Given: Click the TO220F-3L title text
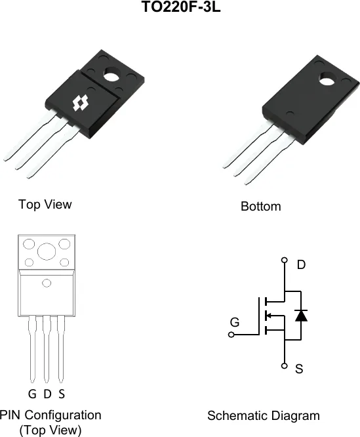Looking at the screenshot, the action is (x=181, y=7).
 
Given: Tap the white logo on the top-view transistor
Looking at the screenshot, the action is (x=81, y=103).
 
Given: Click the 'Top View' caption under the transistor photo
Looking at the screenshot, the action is (x=45, y=204).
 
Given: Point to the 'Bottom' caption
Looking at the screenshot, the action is (x=261, y=207).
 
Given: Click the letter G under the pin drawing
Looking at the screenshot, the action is (x=32, y=394).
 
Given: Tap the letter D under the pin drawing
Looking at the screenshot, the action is (x=48, y=394).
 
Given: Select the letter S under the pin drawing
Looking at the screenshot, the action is (x=62, y=394).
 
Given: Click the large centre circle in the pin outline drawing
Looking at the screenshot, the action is (x=47, y=251).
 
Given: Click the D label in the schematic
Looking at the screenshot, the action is (x=301, y=264).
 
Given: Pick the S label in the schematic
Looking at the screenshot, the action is (x=299, y=369).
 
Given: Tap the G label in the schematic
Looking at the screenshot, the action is (x=235, y=322).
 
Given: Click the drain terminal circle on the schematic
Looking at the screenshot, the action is (x=285, y=260).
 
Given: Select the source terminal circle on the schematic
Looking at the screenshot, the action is (x=285, y=365).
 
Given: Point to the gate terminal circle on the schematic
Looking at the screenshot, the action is (x=231, y=335).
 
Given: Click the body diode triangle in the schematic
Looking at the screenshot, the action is (x=301, y=316).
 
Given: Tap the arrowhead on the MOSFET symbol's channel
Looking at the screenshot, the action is (x=269, y=316).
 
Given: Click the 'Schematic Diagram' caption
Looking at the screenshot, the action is (x=264, y=415).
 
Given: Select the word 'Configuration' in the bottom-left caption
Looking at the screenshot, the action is (x=63, y=415).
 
